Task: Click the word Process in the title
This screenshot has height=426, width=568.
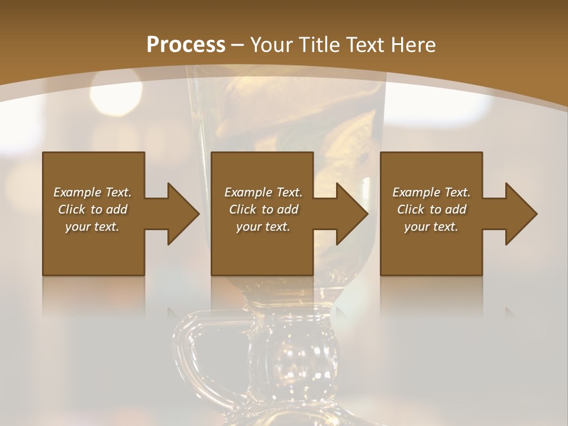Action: pos(186,45)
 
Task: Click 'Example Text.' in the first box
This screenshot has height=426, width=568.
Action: pos(92,192)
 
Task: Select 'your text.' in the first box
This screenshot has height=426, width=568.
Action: pos(92,227)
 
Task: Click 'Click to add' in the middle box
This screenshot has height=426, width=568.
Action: pos(263,209)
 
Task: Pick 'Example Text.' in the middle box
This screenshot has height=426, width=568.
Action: pos(263,192)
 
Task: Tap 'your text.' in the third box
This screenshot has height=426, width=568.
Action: pos(431,227)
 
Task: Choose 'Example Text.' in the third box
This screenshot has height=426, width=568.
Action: pos(431,192)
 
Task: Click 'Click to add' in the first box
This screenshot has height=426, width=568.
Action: pos(92,209)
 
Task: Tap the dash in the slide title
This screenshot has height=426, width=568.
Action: pos(238,45)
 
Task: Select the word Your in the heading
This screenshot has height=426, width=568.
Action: pos(271,45)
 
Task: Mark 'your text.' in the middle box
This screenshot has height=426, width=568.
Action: pos(263,227)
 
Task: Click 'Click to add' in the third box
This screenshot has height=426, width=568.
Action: pos(431,209)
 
